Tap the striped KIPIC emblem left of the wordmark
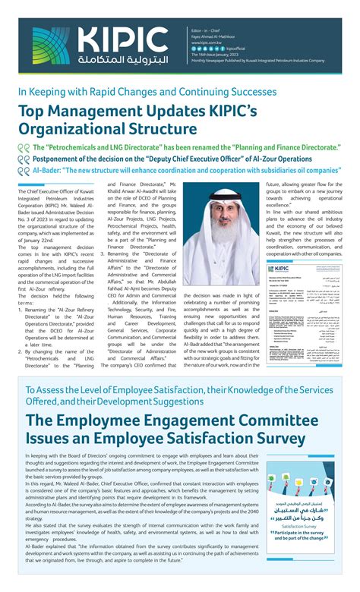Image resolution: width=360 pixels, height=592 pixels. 51,45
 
